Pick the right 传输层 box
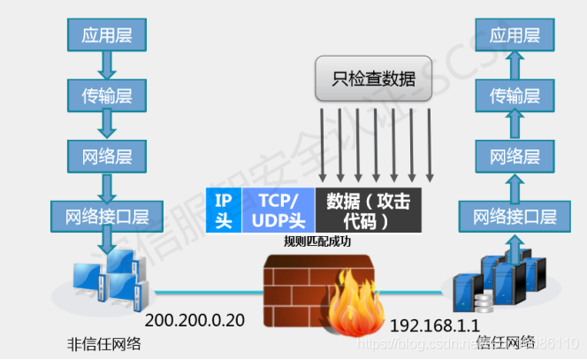click(515, 94)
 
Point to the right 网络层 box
click(515, 157)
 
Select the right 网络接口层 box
click(515, 216)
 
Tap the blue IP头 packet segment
click(224, 210)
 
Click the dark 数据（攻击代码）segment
click(370, 210)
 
